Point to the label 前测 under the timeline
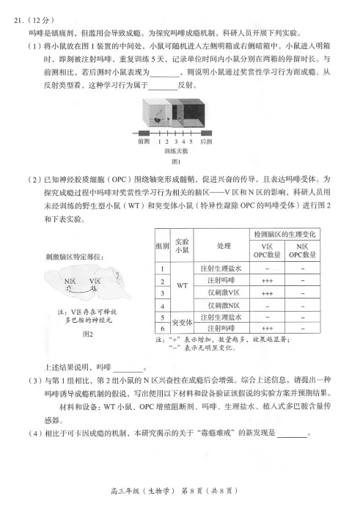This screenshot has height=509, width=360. [x=144, y=141]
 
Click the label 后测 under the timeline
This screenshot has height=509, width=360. [x=207, y=141]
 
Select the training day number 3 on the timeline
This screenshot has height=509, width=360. [x=176, y=141]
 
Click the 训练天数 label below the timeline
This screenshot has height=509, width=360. [x=175, y=150]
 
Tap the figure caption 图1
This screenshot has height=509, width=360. [x=175, y=161]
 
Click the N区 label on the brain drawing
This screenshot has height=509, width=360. [x=70, y=282]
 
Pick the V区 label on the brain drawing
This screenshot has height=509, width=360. [x=95, y=282]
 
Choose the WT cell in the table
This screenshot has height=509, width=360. [x=181, y=286]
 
